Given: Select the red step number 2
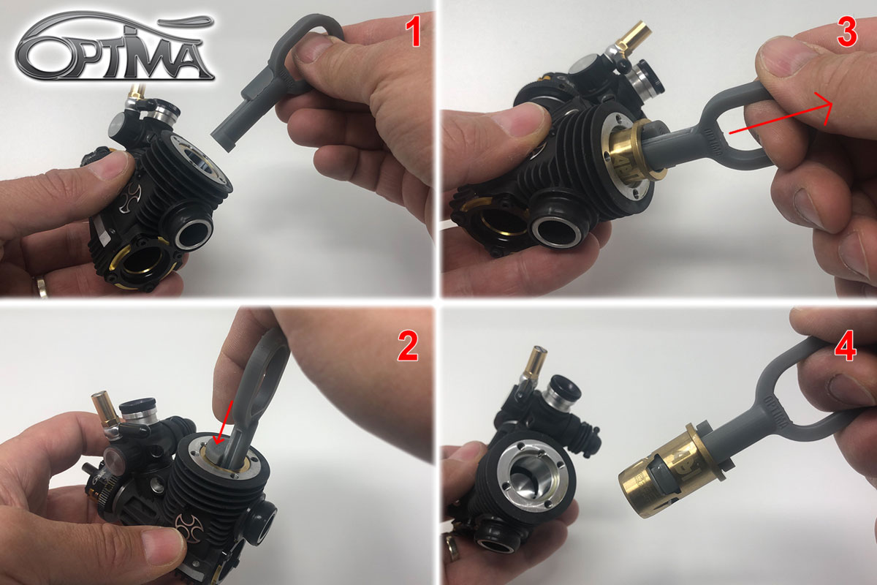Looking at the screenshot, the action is [x=408, y=346].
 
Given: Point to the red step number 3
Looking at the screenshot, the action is [x=847, y=33].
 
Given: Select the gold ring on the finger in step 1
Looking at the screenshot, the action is [x=39, y=287].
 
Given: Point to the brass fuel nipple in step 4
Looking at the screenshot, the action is [x=536, y=360].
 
